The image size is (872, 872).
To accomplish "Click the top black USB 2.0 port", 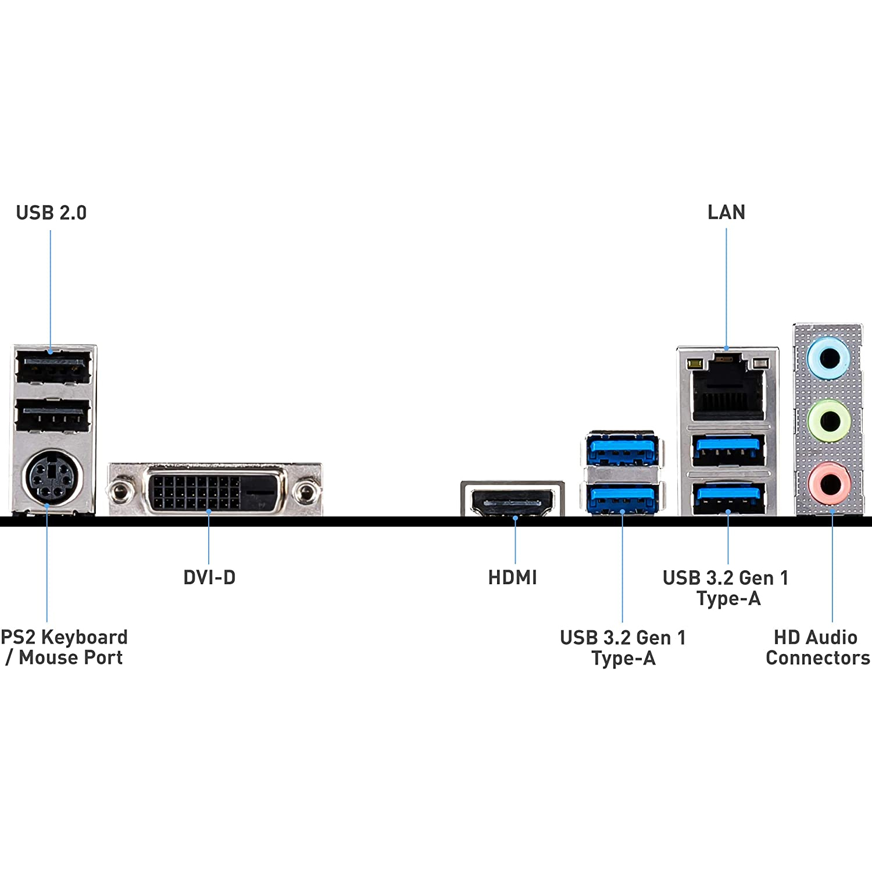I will click(x=53, y=366).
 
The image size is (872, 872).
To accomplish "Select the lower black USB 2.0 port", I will click(x=53, y=416).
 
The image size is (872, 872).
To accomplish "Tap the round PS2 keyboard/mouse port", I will click(x=52, y=478).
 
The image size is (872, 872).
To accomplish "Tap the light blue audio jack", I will click(x=828, y=358).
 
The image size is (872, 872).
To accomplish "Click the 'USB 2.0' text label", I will click(x=51, y=213).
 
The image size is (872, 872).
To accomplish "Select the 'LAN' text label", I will click(x=726, y=212).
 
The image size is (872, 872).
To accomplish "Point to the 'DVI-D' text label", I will click(x=209, y=577).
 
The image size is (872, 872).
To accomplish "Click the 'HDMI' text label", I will click(x=512, y=577).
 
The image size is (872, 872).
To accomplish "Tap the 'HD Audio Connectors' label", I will click(x=817, y=647).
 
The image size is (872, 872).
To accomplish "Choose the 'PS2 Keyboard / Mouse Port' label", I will click(x=64, y=647).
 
